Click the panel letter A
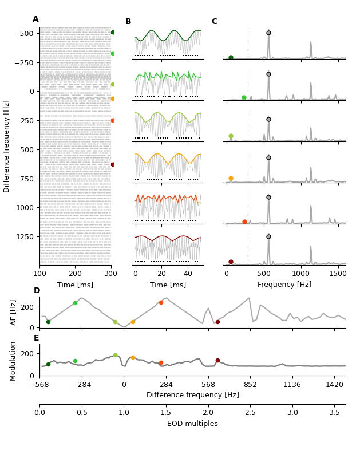point(35,19)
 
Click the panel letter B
point(128,22)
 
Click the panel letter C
point(214,22)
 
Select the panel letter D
point(37,291)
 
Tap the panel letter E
point(36,338)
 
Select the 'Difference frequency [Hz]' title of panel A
point(7,146)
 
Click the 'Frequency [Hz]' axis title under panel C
point(284,285)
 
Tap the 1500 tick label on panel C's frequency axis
point(338,274)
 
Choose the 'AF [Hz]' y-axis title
point(14,312)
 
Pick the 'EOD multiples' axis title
point(192,424)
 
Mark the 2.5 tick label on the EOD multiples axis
point(250,413)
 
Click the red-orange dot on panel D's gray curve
point(161,302)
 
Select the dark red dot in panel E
point(217,361)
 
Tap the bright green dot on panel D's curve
point(75,303)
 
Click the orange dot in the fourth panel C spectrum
point(231,179)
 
